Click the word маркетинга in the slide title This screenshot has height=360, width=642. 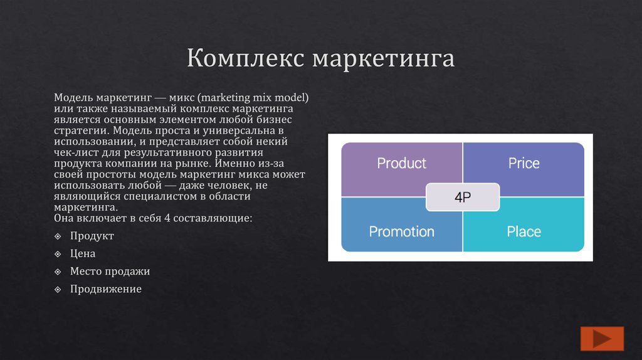point(383,60)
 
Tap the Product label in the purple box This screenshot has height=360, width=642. point(401,164)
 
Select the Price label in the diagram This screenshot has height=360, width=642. point(524,164)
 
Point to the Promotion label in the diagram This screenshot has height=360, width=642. point(401,231)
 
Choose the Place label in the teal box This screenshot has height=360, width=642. point(524,231)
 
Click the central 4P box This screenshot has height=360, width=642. point(463,197)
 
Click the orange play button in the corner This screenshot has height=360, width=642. point(603,339)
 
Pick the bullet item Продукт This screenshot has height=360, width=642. point(92,236)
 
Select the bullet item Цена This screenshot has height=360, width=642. point(83,254)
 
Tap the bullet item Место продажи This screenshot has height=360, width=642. point(110,272)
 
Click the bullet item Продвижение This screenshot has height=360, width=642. point(106,289)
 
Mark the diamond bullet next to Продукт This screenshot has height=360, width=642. point(58,236)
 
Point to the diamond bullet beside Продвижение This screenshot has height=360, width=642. point(58,289)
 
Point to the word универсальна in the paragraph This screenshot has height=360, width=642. point(231,130)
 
